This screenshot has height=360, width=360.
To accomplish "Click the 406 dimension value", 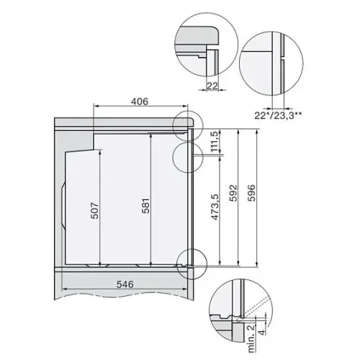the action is click(140, 102).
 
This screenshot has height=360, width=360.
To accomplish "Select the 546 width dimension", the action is click(125, 284).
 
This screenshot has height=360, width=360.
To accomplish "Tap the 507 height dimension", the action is click(95, 211).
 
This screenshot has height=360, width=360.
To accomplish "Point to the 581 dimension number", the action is click(145, 206).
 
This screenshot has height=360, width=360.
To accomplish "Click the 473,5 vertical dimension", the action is click(215, 207).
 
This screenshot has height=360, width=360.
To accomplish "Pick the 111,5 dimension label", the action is click(215, 142).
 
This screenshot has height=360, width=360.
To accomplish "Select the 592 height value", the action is click(233, 193).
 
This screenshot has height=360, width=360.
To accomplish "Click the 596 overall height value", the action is click(251, 193).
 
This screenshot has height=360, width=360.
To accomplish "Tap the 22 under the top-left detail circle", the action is click(212, 86).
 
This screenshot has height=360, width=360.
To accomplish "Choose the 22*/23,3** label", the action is click(278, 116).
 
